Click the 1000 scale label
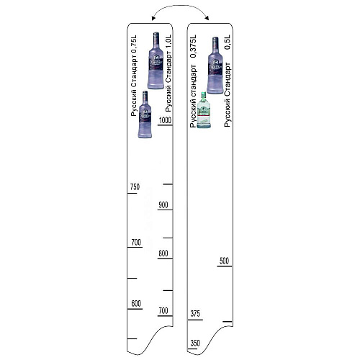click(165, 120)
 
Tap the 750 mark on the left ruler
click(135, 186)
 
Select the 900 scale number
click(163, 205)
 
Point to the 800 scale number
click(163, 253)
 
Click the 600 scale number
click(136, 304)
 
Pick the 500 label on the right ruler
click(224, 261)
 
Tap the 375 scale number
click(195, 314)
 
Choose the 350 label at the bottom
click(195, 343)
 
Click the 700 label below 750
click(136, 242)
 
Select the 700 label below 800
click(163, 311)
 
